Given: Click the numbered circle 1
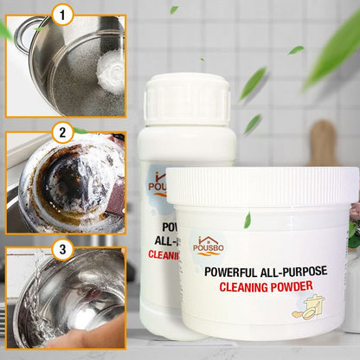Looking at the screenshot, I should [62, 15].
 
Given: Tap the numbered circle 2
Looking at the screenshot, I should [62, 132].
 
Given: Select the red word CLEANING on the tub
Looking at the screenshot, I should [243, 286].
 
